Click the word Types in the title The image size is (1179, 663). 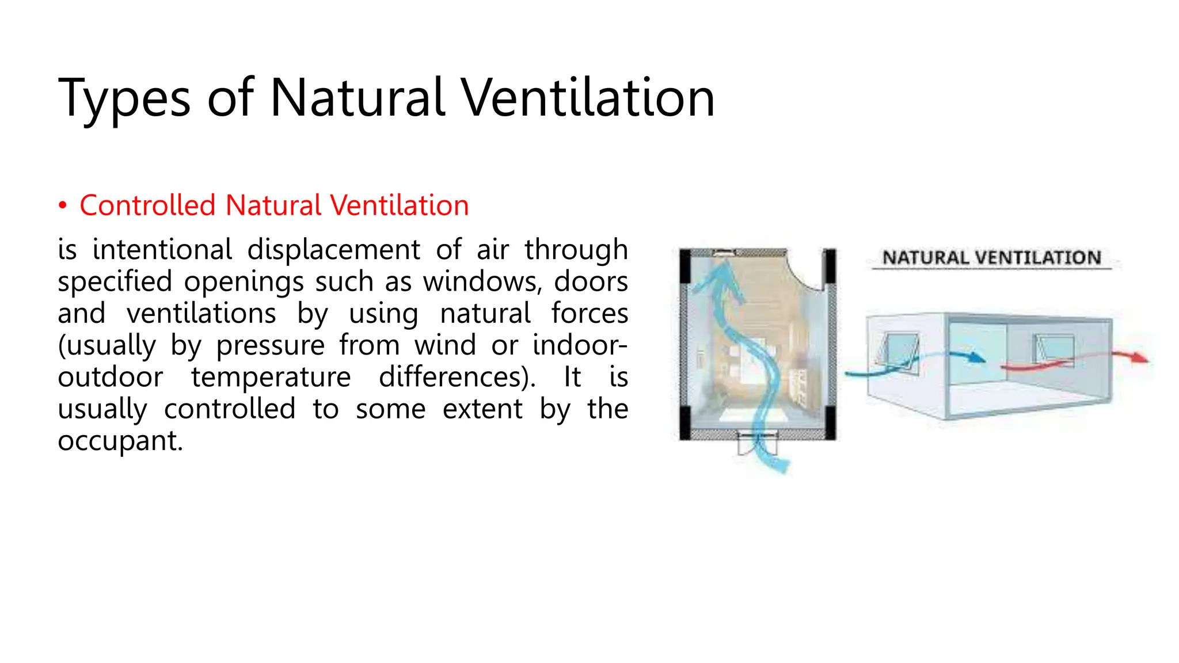click(124, 99)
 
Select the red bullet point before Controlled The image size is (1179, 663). click(63, 206)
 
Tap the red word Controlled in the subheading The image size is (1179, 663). click(147, 205)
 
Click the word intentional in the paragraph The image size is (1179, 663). click(162, 250)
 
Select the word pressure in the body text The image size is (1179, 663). click(270, 345)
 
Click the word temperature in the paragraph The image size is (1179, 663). click(271, 378)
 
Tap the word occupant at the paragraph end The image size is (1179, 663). click(120, 441)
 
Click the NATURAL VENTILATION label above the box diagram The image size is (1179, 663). click(991, 258)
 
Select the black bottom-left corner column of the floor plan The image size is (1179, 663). click(685, 423)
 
